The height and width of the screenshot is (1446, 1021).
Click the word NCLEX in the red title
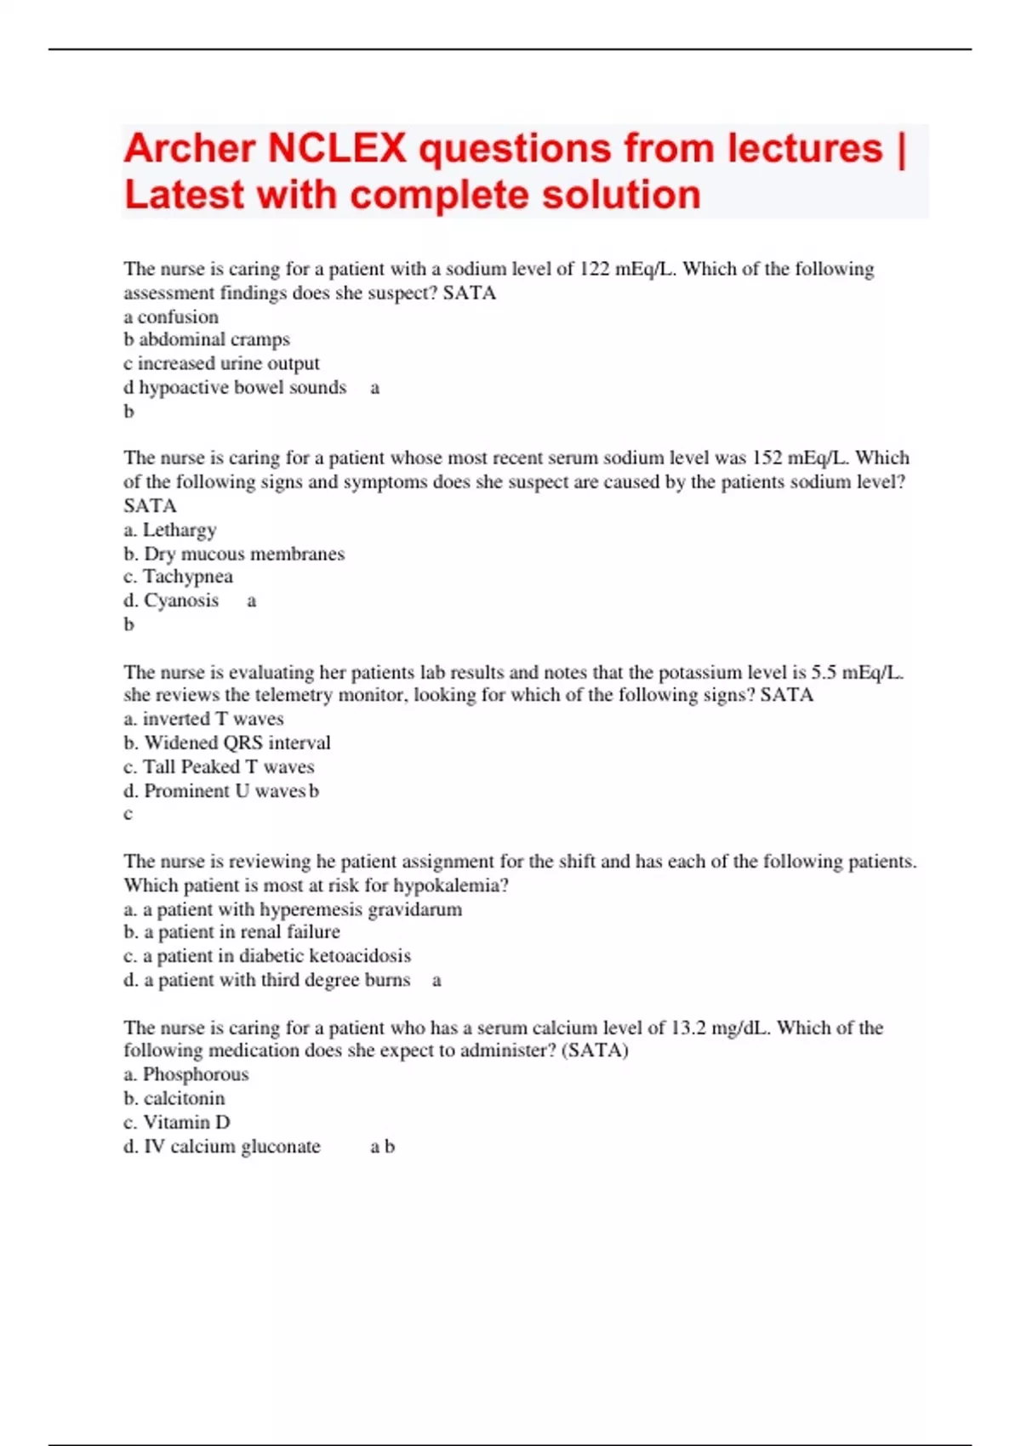(x=337, y=149)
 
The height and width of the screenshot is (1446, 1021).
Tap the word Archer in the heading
(x=190, y=149)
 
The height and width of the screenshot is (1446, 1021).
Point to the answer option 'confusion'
(x=178, y=316)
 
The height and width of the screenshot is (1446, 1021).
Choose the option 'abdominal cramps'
(x=214, y=339)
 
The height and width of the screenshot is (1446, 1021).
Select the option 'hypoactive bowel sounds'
(x=242, y=388)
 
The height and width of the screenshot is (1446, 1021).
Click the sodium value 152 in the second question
(x=767, y=458)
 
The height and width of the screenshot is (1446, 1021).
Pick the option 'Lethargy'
(x=179, y=530)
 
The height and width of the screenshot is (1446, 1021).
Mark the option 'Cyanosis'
(x=181, y=601)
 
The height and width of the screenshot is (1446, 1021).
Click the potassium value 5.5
(x=823, y=672)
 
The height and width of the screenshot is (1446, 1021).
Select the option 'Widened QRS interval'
(x=237, y=743)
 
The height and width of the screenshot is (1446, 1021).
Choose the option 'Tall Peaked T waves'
(x=228, y=767)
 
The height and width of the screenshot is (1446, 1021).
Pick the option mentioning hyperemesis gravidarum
(x=302, y=909)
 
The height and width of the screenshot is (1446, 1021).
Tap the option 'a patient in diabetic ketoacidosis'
(x=277, y=956)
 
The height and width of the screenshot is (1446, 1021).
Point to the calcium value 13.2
(x=688, y=1028)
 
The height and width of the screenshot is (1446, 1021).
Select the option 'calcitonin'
(x=184, y=1098)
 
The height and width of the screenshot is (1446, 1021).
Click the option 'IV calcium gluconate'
(x=231, y=1147)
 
